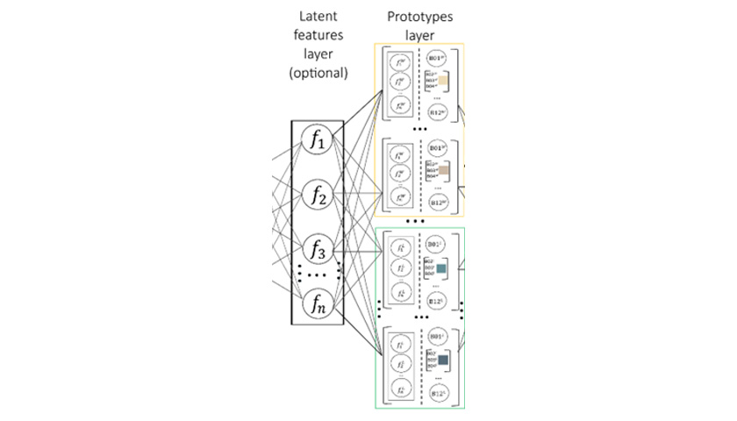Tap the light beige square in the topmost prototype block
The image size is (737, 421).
[x=443, y=82]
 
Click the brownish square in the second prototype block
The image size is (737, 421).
[x=444, y=169]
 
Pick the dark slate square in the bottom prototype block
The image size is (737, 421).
[x=443, y=360]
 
